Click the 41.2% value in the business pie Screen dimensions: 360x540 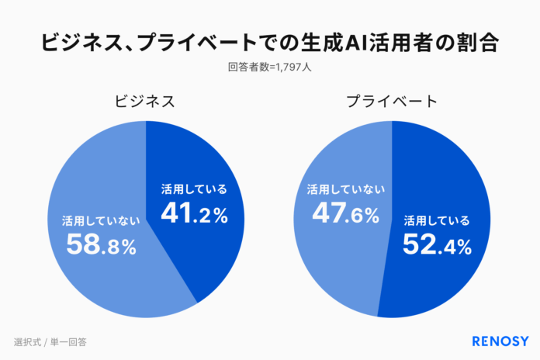194,213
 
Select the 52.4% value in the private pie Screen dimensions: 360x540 437,245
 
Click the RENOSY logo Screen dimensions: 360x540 500,341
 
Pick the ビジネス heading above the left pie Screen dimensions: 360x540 144,101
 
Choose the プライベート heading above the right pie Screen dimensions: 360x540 392,101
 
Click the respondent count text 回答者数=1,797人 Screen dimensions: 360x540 269,67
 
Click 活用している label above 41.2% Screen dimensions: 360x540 194,189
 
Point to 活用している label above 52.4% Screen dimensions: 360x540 437,221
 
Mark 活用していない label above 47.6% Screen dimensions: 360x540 346,189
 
